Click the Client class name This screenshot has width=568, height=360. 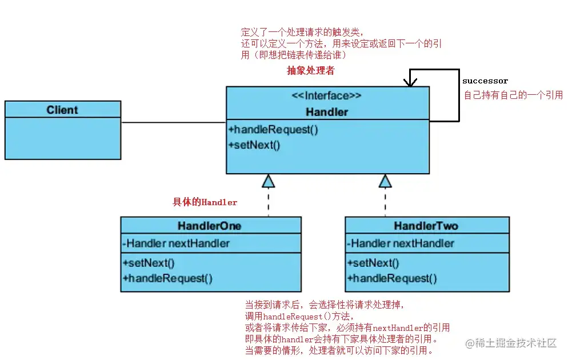pyautogui.click(x=62, y=110)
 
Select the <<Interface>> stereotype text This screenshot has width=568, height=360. pyautogui.click(x=327, y=96)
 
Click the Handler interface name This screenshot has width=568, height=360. pyautogui.click(x=327, y=111)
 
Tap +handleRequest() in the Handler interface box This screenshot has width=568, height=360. pyautogui.click(x=273, y=129)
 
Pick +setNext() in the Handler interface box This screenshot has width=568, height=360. pyautogui.click(x=255, y=145)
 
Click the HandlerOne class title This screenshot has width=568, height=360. pyautogui.click(x=210, y=226)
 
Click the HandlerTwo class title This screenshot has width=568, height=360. pyautogui.click(x=426, y=226)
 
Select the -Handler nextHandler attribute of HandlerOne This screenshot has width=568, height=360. pyautogui.click(x=176, y=243)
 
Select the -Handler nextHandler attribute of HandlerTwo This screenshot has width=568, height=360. pyautogui.click(x=401, y=243)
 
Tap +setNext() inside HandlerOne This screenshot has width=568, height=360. pyautogui.click(x=148, y=263)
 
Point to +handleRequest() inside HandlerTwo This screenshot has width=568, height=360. pyautogui.click(x=392, y=278)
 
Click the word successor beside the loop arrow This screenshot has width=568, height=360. pyautogui.click(x=485, y=81)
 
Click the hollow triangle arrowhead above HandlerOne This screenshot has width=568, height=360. pyautogui.click(x=268, y=181)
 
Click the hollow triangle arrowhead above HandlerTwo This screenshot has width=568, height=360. pyautogui.click(x=385, y=181)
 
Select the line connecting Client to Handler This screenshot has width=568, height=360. pyautogui.click(x=173, y=122)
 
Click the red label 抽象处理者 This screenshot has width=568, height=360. pyautogui.click(x=310, y=71)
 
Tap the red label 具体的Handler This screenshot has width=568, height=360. pyautogui.click(x=205, y=202)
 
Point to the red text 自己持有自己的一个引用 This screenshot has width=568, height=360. pyautogui.click(x=513, y=95)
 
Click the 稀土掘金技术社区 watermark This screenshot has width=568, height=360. pyautogui.click(x=511, y=343)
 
